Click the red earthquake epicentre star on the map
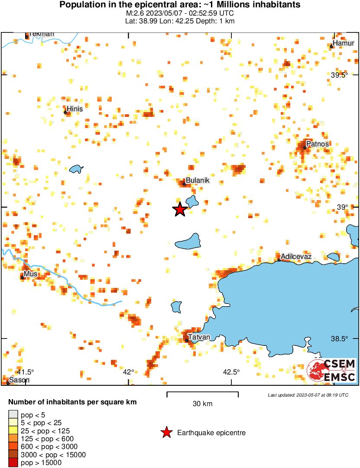[180, 209]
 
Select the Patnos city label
[317, 144]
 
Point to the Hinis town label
[75, 109]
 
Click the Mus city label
[31, 274]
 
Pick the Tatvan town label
[199, 337]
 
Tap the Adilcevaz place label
[296, 257]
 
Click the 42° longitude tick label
[129, 372]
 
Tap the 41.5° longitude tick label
[25, 372]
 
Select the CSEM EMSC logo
[332, 371]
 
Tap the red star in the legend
[166, 432]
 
